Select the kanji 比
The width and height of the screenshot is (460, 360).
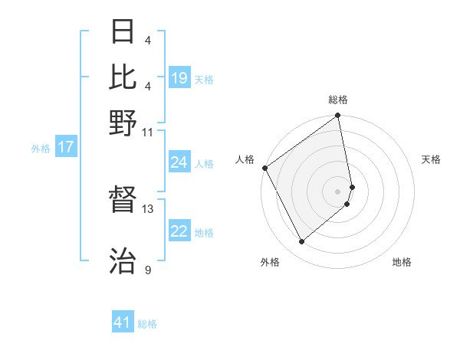click(124, 77)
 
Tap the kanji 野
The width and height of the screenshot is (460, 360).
click(124, 123)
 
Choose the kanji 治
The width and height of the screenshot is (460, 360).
click(124, 261)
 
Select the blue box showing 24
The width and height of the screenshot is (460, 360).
click(179, 162)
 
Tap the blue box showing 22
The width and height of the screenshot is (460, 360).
click(179, 231)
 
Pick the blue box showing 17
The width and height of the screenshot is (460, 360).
click(65, 147)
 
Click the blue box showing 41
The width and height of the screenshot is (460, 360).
click(123, 322)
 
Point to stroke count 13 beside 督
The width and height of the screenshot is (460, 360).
click(148, 208)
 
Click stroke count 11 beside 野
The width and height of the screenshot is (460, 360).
click(148, 132)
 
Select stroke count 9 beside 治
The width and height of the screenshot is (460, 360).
click(148, 269)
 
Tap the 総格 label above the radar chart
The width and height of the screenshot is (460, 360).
click(338, 100)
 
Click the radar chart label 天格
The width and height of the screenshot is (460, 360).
click(431, 159)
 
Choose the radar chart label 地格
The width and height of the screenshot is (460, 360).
click(402, 262)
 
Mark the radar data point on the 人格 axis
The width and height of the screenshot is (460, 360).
click(264, 168)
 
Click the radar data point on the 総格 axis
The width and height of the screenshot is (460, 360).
click(338, 116)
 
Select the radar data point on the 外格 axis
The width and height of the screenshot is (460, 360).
click(302, 242)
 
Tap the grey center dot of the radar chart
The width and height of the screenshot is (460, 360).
click(338, 191)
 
